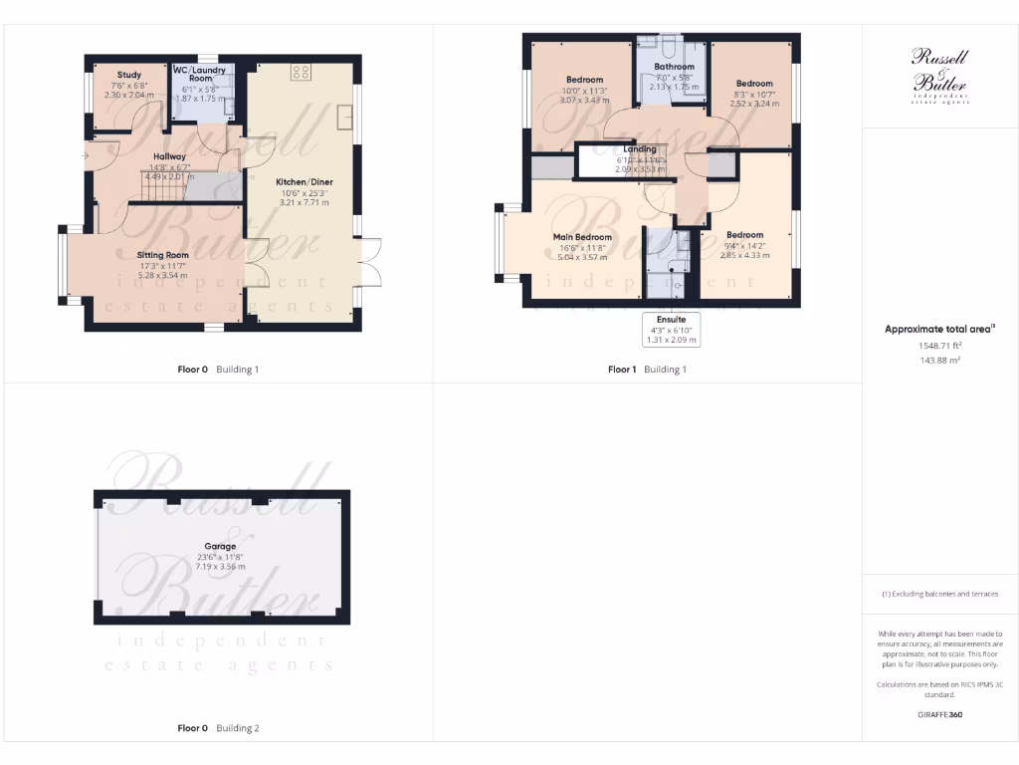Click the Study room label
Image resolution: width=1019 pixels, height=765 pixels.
point(128,75)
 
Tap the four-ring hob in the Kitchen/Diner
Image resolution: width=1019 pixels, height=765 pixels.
point(301,72)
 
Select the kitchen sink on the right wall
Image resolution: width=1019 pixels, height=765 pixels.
point(344,117)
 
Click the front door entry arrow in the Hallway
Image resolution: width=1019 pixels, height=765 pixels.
point(87,155)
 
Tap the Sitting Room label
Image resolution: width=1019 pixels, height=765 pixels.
point(162,255)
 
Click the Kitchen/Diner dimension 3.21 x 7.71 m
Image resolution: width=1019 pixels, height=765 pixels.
point(304,202)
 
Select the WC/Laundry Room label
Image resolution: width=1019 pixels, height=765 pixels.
point(201,74)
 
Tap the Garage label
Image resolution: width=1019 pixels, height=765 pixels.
point(220,546)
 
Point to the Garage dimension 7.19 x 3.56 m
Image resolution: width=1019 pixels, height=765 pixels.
point(220,566)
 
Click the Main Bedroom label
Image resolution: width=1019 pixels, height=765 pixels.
point(581,237)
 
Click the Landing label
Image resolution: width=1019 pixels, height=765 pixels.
point(639,149)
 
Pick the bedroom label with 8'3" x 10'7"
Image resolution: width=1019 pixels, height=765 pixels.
point(754,83)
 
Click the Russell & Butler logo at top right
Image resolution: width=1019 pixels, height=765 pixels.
point(939,76)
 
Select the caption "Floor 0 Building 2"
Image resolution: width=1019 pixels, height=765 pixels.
point(218,728)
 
